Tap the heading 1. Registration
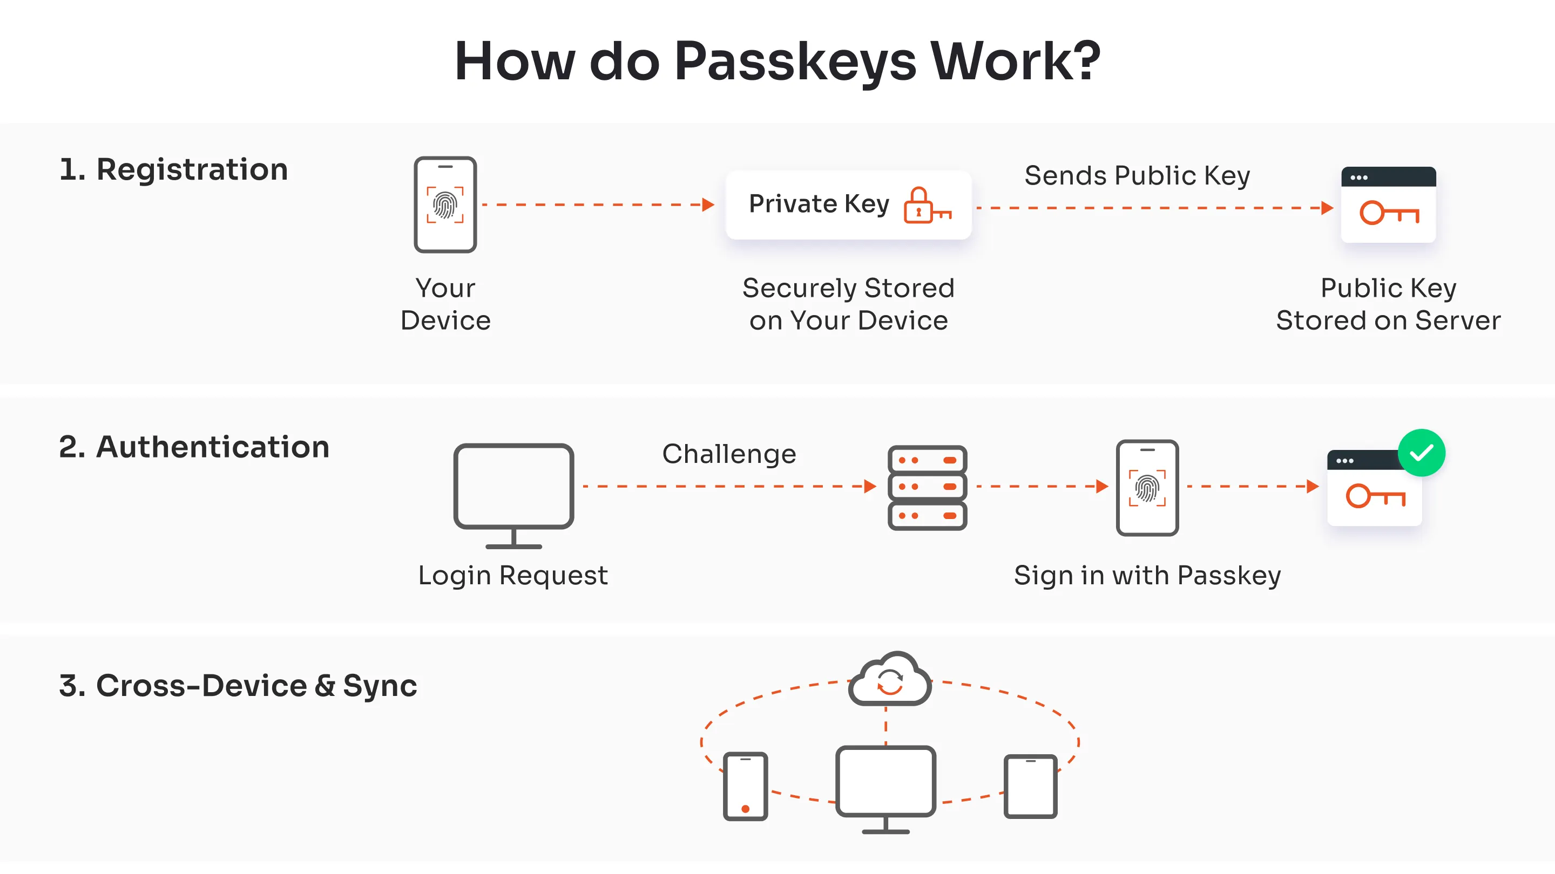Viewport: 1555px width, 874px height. tap(173, 169)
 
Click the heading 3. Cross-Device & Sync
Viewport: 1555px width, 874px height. tap(238, 686)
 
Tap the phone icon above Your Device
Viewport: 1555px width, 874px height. tap(445, 204)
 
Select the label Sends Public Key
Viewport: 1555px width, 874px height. tap(1137, 175)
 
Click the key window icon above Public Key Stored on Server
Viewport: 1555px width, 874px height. tap(1388, 205)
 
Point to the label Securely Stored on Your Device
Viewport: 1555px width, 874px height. tap(848, 304)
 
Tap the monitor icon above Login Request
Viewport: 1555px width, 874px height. tap(513, 495)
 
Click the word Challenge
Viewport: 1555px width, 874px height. tap(728, 454)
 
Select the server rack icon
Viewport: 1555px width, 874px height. tap(927, 487)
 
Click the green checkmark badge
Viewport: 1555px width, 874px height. tap(1421, 453)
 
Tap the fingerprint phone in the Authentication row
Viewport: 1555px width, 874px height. tap(1146, 487)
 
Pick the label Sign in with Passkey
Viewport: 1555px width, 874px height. tap(1146, 576)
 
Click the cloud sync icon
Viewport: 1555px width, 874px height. tap(889, 680)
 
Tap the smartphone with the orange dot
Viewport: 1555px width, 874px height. tap(745, 786)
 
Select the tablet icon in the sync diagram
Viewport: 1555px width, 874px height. tap(1030, 786)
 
